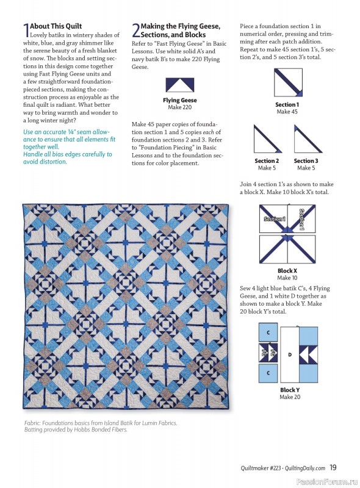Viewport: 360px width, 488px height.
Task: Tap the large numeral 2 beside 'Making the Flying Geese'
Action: [x=135, y=30]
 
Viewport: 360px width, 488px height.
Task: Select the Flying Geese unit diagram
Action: [x=179, y=85]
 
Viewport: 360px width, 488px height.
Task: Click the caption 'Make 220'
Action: [x=179, y=107]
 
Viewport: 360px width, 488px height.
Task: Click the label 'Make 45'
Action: [x=287, y=112]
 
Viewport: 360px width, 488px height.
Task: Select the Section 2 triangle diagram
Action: [x=266, y=139]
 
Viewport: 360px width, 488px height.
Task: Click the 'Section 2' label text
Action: [x=266, y=161]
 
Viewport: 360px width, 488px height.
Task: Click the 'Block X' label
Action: [x=287, y=271]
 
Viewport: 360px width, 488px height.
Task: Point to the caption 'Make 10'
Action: [x=287, y=278]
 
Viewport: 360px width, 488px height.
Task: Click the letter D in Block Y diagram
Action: [x=289, y=353]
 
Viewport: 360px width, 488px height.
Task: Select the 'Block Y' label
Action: [x=289, y=390]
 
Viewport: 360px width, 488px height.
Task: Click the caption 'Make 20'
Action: [x=289, y=397]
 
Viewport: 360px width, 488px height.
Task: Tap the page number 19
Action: [x=333, y=468]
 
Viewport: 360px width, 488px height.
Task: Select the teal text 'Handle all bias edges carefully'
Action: [x=67, y=154]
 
